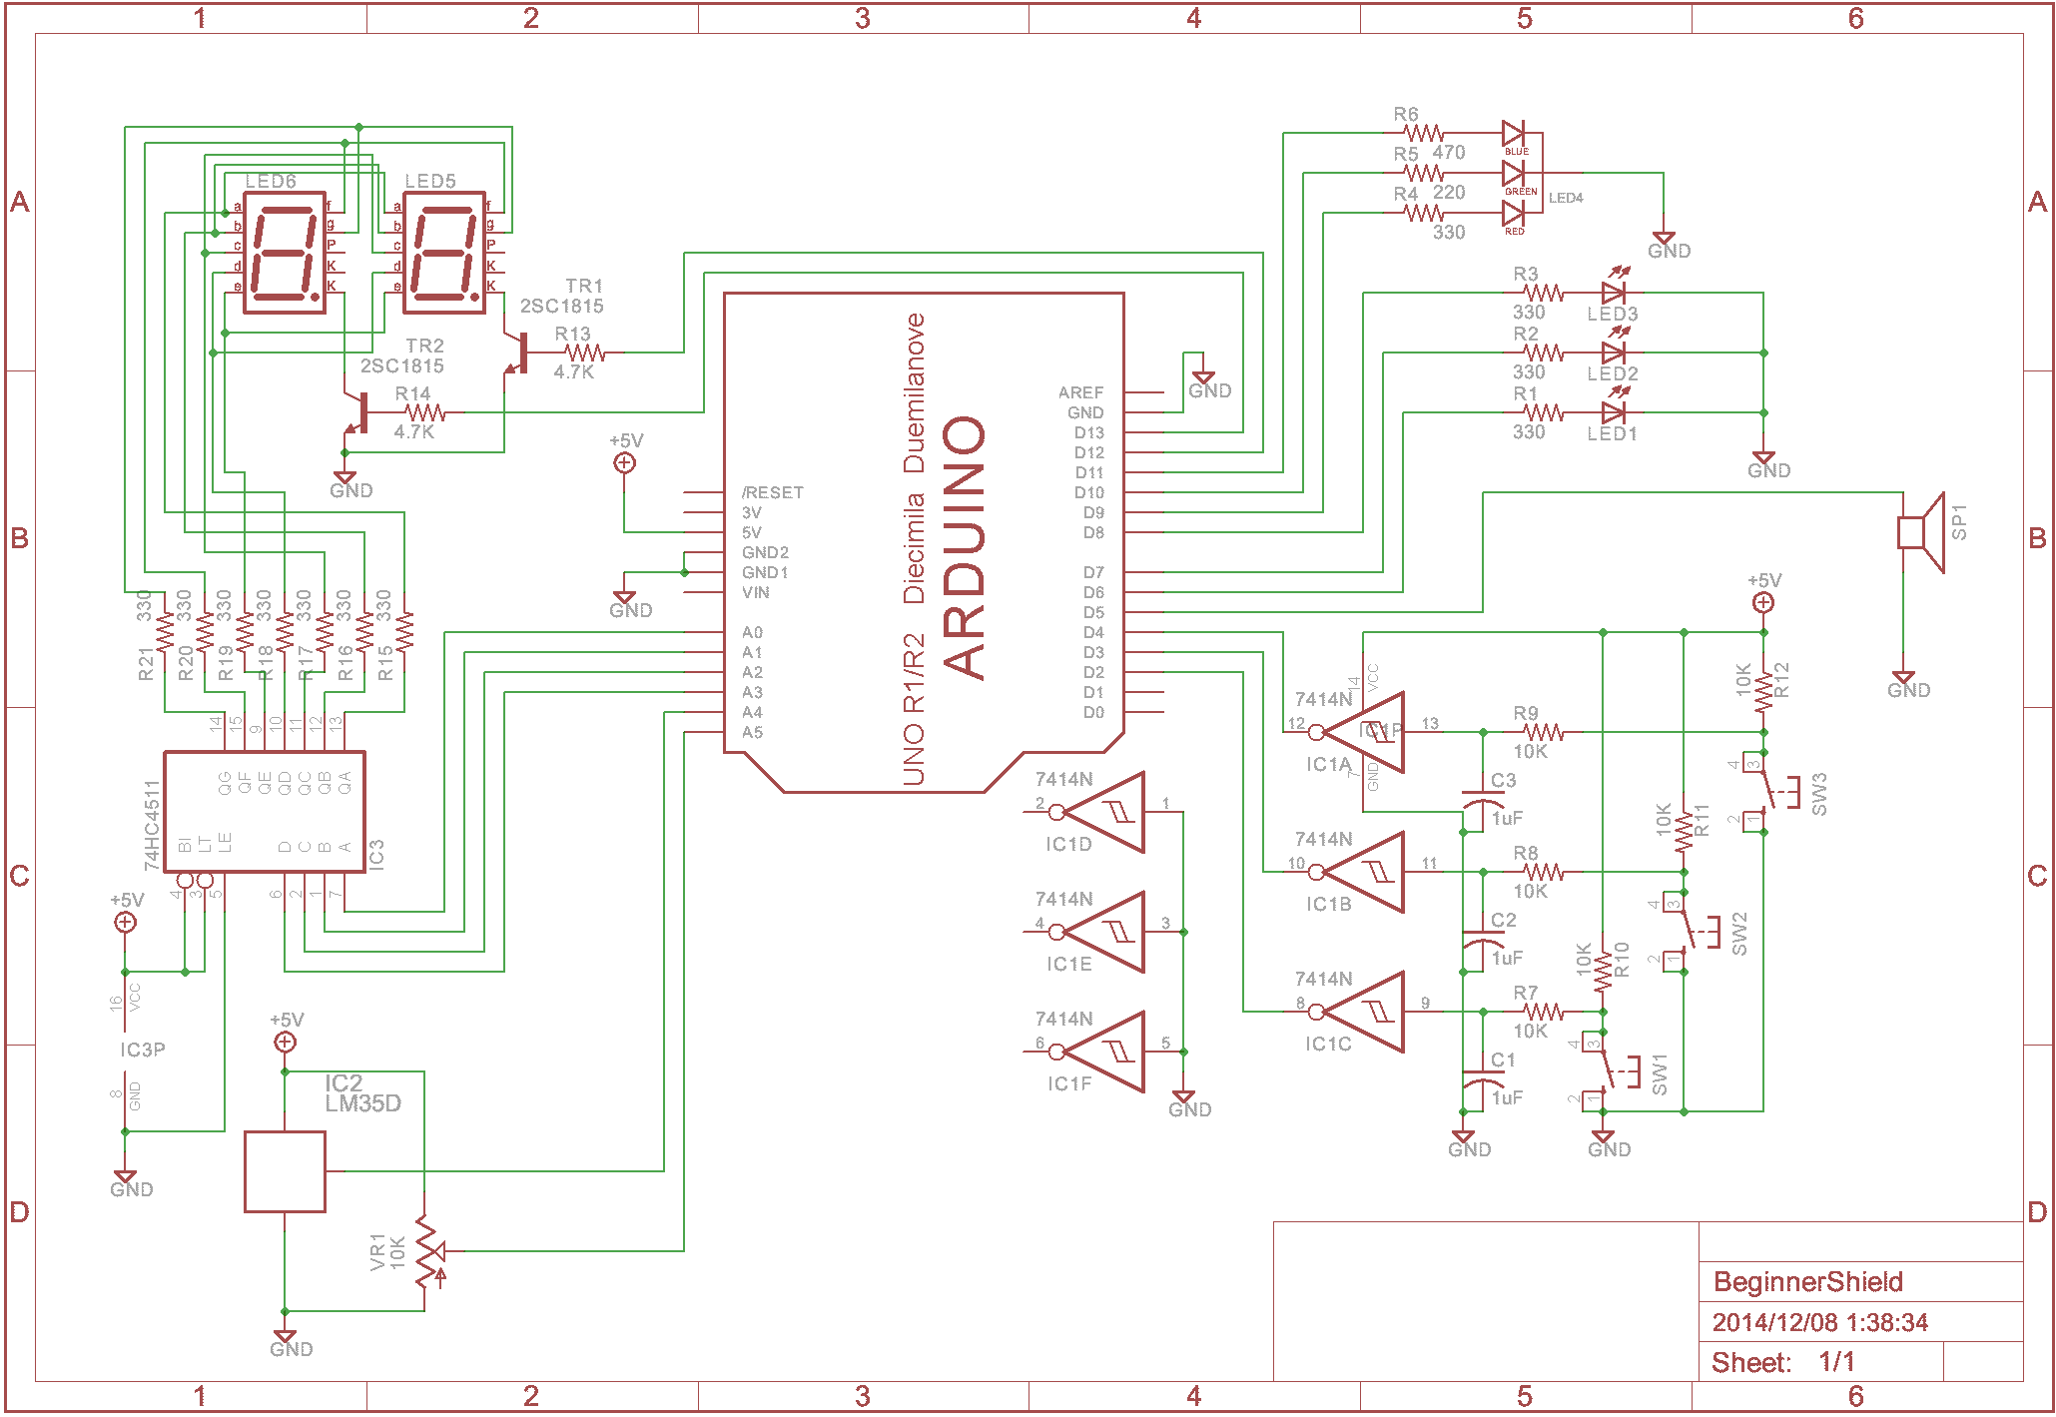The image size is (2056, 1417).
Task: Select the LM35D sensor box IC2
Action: point(285,1171)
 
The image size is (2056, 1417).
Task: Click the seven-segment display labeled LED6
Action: point(285,252)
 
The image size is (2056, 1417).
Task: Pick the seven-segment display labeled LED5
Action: point(444,252)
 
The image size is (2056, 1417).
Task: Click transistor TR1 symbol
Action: point(517,353)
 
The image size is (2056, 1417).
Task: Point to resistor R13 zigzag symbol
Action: point(584,353)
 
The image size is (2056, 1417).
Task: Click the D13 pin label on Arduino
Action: point(1088,432)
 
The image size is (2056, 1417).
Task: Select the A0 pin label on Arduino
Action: point(752,632)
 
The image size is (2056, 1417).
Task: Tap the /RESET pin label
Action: point(772,492)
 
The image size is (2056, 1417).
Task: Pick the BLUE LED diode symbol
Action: point(1513,133)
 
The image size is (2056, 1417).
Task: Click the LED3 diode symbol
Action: point(1613,293)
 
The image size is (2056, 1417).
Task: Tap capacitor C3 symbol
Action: point(1483,802)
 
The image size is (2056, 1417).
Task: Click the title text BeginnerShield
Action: point(1807,1282)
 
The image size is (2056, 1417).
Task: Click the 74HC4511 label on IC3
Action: point(152,825)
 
